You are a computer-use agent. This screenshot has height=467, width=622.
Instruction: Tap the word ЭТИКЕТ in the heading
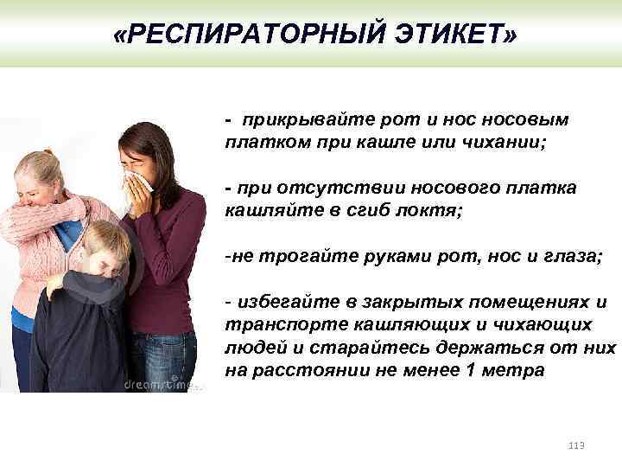tap(448, 34)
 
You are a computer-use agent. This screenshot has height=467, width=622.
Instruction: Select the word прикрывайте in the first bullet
tap(308, 120)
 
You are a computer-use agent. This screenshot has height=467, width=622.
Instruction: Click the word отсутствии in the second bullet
tap(341, 188)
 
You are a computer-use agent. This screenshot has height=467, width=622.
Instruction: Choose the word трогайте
tap(308, 257)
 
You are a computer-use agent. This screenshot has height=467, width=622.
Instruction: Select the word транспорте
tap(286, 325)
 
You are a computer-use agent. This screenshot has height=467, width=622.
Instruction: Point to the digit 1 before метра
tap(470, 370)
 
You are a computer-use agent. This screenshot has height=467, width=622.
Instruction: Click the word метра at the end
tap(513, 371)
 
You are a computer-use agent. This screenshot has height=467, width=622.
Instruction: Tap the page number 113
tap(576, 445)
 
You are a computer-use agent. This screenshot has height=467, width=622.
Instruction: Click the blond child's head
tap(105, 248)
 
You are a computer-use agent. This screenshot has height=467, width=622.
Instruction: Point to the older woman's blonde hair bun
tap(48, 152)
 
